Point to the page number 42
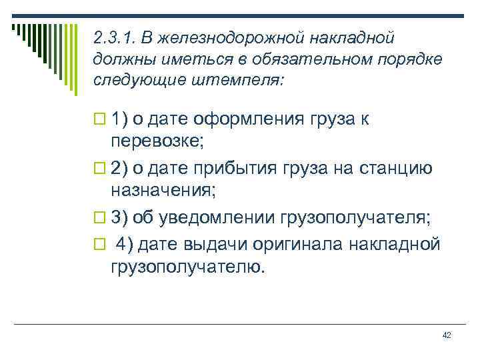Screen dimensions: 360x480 pyautogui.click(x=447, y=334)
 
